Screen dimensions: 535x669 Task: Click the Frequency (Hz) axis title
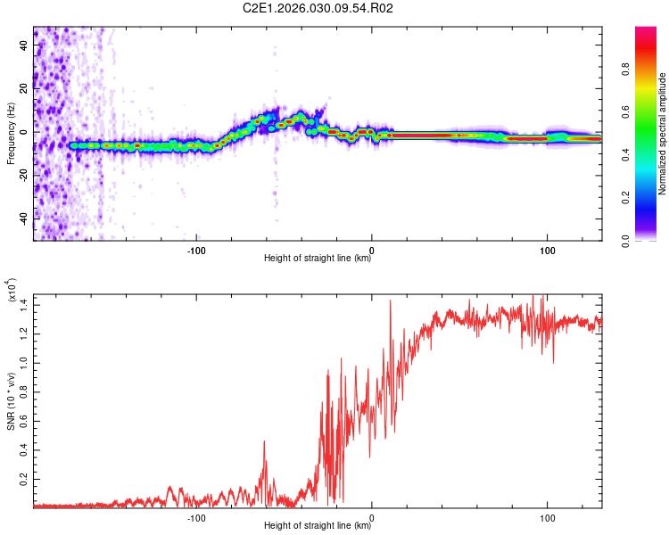point(11,134)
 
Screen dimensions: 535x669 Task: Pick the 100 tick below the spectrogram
point(546,250)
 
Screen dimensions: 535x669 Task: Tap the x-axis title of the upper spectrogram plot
point(318,259)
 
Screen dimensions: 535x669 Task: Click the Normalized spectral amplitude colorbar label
point(663,134)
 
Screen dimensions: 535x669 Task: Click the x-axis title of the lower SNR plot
point(318,527)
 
